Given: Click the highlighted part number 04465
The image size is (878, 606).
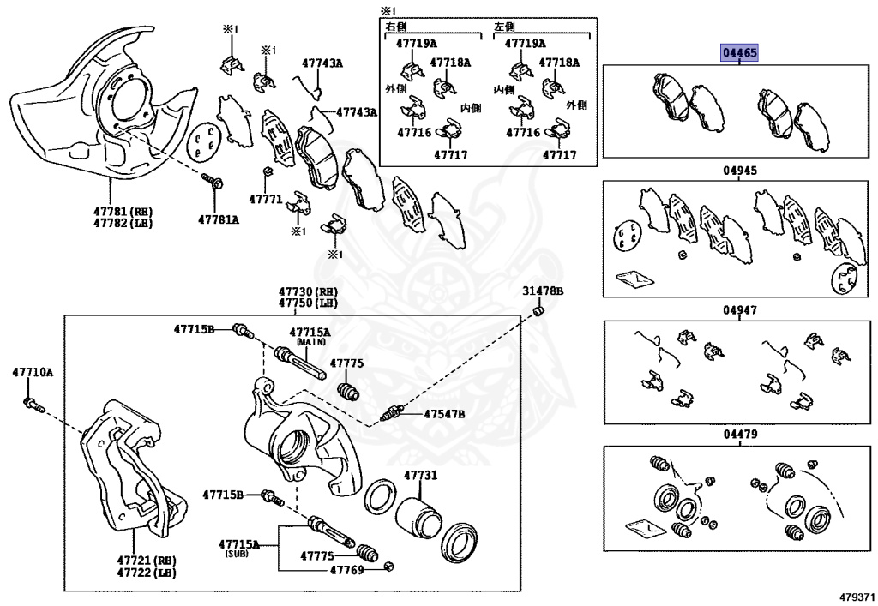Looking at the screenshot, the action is [739, 53].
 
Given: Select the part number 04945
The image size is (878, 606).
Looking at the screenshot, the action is [739, 171].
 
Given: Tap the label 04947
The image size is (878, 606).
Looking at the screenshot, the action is [739, 310].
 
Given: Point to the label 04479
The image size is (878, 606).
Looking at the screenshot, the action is [739, 435].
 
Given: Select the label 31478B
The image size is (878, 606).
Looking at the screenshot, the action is [543, 291].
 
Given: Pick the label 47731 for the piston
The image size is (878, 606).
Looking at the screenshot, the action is [420, 476].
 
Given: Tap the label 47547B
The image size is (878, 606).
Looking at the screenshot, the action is [444, 414].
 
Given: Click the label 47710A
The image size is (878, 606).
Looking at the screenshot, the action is [33, 372].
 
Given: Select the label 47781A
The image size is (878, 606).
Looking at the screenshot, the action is [219, 219].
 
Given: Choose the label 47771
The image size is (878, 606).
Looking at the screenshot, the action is [266, 199].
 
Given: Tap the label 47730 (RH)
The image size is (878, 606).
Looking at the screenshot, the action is [307, 291].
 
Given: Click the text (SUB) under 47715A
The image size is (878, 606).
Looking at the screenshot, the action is [237, 555].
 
